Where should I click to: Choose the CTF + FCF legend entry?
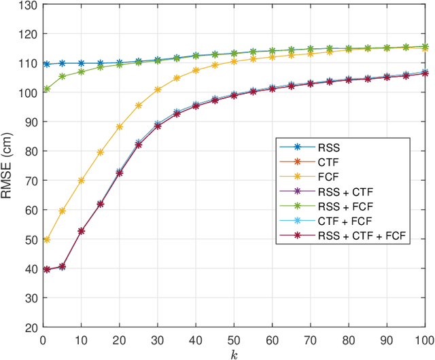[341, 221]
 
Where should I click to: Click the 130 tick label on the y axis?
[27, 5]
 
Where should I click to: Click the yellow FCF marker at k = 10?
[82, 181]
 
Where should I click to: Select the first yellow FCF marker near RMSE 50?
[47, 240]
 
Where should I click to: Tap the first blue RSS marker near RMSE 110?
[47, 64]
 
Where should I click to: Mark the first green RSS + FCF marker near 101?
[47, 89]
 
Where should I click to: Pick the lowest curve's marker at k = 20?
[120, 173]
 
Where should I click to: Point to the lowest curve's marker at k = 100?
[425, 73]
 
